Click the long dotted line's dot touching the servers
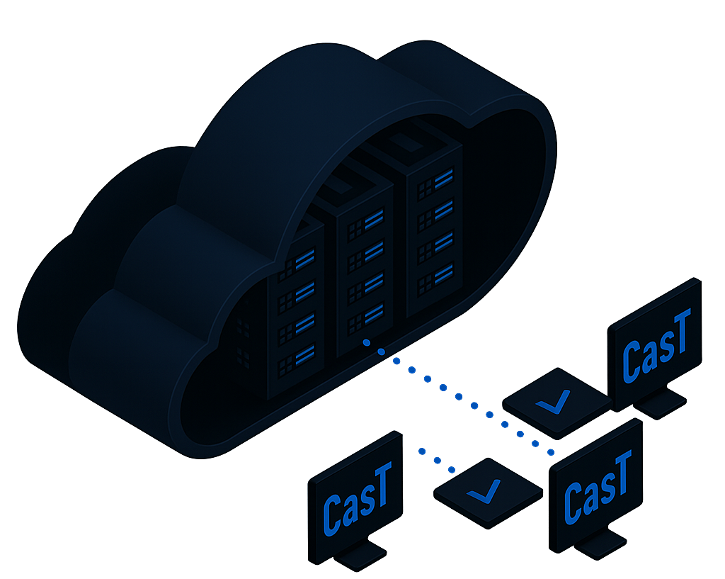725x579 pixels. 366,343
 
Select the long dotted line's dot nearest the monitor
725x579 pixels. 552,451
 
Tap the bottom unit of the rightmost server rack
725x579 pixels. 434,279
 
